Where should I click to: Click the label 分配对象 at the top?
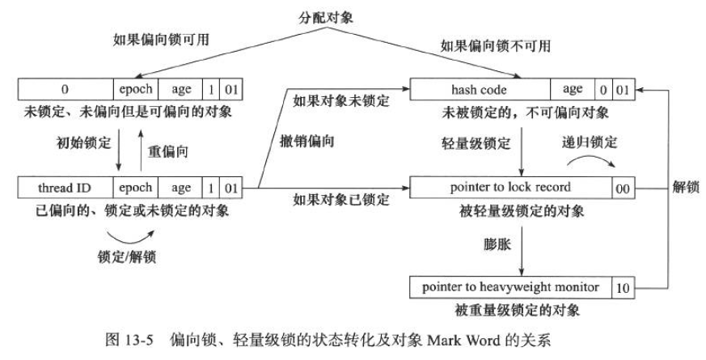tap(353, 15)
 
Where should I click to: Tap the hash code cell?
tap(480, 89)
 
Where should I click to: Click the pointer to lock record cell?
tap(509, 188)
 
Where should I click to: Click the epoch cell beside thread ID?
tap(135, 188)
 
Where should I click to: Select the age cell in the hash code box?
tap(573, 89)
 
